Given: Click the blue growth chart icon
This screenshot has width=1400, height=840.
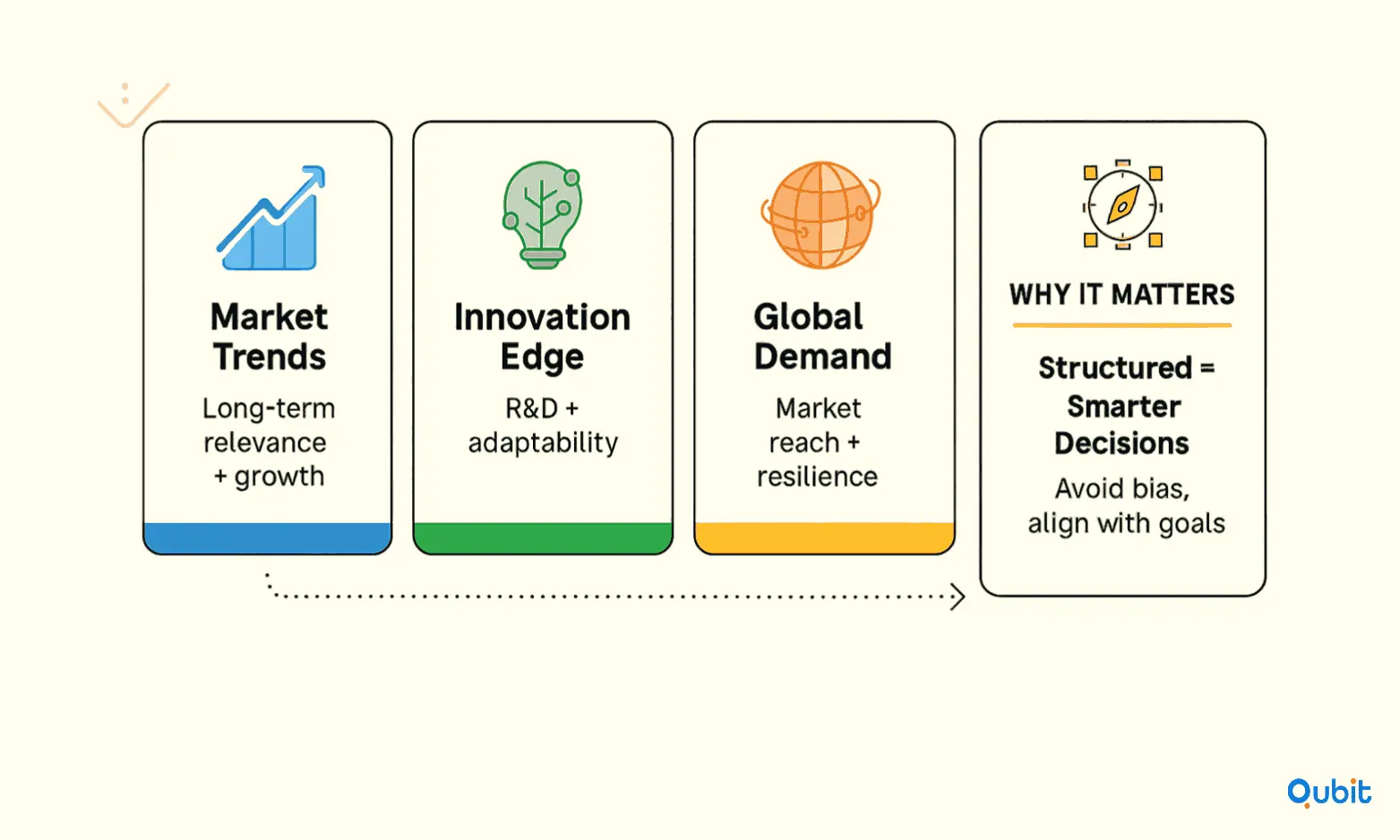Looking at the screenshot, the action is tap(271, 218).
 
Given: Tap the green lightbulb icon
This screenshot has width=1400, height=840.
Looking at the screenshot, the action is tap(542, 215).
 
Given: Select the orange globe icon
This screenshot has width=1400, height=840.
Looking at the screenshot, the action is tap(821, 215).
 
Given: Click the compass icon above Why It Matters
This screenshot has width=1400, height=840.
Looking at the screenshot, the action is tap(1122, 204).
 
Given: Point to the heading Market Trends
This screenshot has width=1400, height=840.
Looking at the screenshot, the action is tap(269, 336).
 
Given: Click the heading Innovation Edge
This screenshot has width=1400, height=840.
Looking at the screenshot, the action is tap(542, 336).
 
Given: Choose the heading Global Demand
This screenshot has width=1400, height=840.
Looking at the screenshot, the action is tap(822, 336).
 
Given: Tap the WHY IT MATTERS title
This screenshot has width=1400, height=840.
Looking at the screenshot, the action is tap(1121, 295).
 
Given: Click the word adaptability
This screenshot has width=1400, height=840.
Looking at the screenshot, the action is tap(543, 443).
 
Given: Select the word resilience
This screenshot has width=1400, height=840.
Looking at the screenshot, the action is tap(817, 477).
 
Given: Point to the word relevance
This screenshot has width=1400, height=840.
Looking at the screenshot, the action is tap(265, 443).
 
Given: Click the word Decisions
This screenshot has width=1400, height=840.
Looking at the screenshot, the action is tap(1121, 443).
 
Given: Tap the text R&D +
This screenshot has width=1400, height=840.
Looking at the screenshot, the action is tap(542, 408).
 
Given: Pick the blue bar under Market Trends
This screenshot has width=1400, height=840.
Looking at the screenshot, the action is tap(268, 538).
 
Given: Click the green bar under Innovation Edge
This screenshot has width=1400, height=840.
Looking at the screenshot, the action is tap(543, 538).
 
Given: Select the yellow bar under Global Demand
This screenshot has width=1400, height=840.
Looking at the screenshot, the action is tap(824, 538).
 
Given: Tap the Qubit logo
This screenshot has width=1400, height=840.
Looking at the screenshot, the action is tap(1328, 793).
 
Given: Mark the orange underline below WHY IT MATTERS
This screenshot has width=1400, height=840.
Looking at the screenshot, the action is tap(1121, 325).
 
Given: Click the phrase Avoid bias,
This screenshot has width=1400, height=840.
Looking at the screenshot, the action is tap(1122, 489).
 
